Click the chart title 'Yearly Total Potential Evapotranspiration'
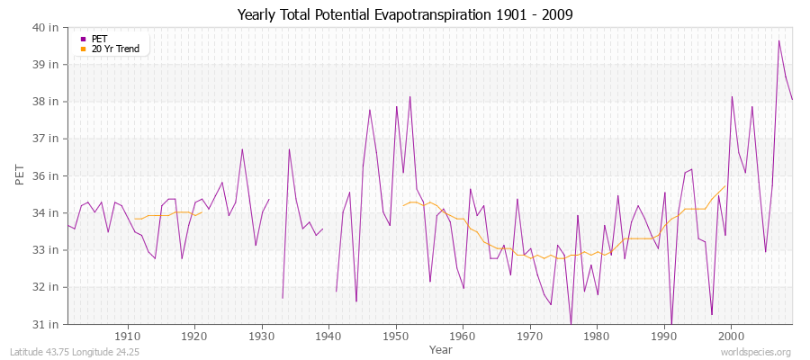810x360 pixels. point(404,14)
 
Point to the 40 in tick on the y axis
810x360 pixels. point(47,27)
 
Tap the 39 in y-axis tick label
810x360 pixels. point(47,65)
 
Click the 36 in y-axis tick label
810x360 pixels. point(47,175)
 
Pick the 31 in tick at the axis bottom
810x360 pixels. point(47,324)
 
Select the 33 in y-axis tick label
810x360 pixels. point(47,249)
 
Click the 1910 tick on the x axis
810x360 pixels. point(128,336)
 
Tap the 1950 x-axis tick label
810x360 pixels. point(396,336)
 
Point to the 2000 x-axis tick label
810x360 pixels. point(731,336)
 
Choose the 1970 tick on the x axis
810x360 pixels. point(530,336)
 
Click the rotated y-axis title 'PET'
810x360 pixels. point(21,175)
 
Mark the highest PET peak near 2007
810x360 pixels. point(778,40)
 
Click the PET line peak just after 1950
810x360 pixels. point(409,96)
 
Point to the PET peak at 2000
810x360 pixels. point(732,96)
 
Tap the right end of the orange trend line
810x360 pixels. point(725,186)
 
